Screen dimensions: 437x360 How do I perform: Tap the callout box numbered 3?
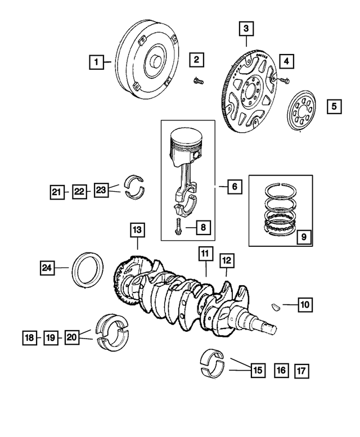pos(246,28)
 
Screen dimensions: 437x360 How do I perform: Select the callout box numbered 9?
pos(303,237)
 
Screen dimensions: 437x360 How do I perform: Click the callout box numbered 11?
pos(205,255)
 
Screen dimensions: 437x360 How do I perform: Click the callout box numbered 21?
pos(56,192)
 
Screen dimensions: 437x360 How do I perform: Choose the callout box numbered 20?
pos(72,337)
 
